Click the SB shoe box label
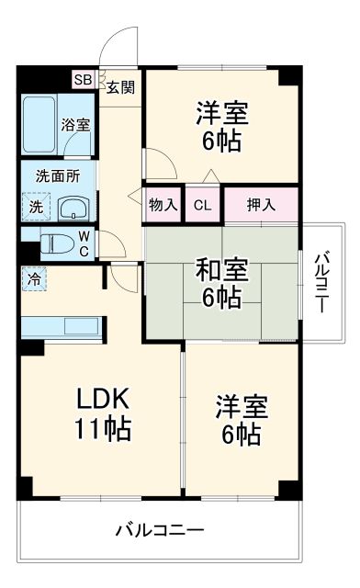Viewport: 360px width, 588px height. (83, 80)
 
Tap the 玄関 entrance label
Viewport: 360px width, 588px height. (120, 88)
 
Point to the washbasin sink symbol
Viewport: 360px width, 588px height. (73, 207)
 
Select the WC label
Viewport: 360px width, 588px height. (84, 243)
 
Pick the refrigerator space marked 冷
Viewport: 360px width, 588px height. (33, 276)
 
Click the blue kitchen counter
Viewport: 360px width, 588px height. (61, 326)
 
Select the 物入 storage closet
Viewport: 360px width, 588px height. (163, 205)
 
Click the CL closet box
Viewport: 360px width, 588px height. (202, 205)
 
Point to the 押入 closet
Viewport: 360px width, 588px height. (261, 205)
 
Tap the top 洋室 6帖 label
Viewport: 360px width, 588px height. (221, 127)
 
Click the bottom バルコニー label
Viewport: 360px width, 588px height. (160, 531)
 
